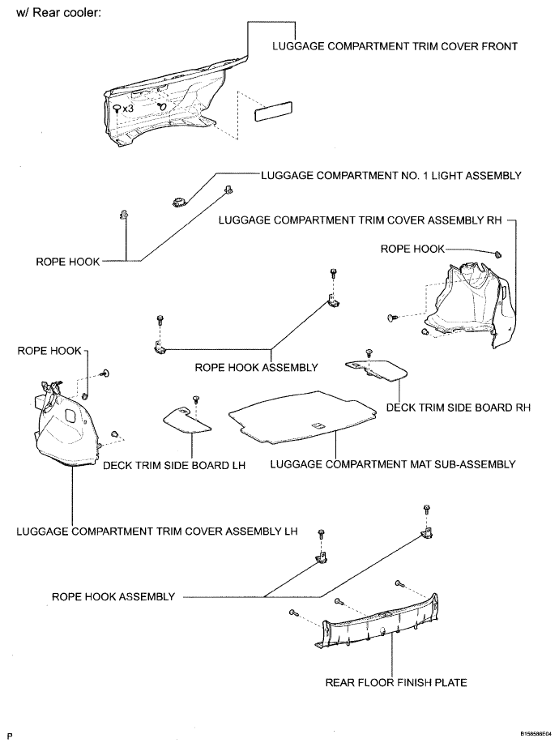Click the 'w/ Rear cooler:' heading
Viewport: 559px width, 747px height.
tap(53, 14)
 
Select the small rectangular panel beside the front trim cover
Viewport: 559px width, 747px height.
tap(274, 111)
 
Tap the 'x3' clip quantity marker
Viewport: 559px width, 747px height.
tap(127, 107)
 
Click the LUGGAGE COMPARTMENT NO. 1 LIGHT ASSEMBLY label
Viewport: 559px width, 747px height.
tap(390, 175)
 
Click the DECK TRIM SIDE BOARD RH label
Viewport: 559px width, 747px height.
tap(458, 408)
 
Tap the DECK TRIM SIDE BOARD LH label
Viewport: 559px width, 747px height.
tap(174, 465)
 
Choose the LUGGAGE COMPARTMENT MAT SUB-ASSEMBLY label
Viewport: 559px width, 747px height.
tap(393, 465)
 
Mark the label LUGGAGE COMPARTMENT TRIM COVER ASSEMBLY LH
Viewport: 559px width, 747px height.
tap(157, 531)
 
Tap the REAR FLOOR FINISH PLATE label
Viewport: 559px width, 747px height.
tap(396, 682)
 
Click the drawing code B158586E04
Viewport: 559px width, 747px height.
tap(531, 732)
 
